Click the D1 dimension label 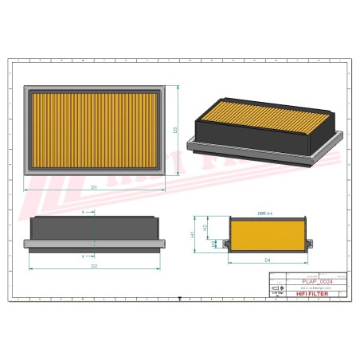tap(94, 186)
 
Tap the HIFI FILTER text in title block tap(315, 295)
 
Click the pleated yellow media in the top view tap(94, 129)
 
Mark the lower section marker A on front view tap(84, 256)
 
